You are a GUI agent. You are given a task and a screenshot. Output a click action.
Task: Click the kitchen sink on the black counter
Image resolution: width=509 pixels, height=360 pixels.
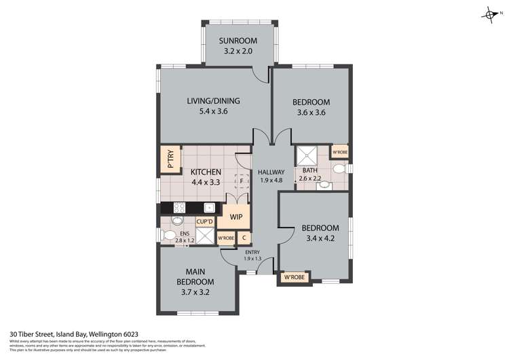pyautogui.click(x=210, y=208)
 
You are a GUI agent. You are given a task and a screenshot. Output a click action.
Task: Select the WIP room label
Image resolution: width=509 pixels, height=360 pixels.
pyautogui.click(x=235, y=217)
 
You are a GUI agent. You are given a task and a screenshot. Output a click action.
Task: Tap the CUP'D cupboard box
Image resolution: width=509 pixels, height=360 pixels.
pyautogui.click(x=205, y=221)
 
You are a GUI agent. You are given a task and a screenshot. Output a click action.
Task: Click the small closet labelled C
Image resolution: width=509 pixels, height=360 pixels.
pyautogui.click(x=244, y=238)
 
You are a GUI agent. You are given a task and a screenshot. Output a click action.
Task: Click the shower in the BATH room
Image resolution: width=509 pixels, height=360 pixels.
pyautogui.click(x=305, y=156)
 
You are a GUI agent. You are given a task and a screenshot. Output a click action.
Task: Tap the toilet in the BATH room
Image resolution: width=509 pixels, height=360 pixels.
pyautogui.click(x=339, y=169)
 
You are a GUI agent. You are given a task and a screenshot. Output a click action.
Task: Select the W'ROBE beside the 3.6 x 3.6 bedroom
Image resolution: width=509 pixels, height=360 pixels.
pyautogui.click(x=339, y=152)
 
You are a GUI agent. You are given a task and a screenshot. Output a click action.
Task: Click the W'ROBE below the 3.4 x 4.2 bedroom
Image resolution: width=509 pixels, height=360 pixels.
pyautogui.click(x=293, y=277)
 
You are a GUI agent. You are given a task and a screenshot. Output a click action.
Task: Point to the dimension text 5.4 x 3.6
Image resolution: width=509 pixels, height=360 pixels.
pyautogui.click(x=214, y=113)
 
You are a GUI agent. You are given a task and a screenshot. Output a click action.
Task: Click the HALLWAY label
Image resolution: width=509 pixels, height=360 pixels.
pyautogui.click(x=271, y=172)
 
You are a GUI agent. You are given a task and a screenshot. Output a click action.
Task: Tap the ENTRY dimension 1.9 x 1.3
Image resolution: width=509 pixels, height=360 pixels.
pyautogui.click(x=252, y=259)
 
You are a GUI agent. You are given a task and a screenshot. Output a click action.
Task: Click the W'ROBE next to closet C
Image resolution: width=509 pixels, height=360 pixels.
pyautogui.click(x=226, y=238)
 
